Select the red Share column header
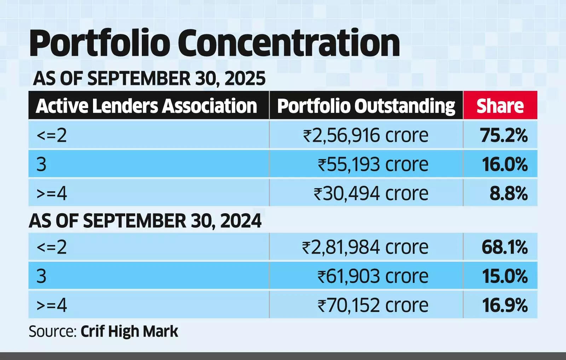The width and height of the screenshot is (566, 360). point(500,106)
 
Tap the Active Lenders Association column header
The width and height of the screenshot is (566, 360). point(146,106)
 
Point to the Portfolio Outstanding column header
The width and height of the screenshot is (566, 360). point(366,106)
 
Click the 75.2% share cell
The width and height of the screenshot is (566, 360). point(504,135)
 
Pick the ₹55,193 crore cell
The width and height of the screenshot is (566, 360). point(373,164)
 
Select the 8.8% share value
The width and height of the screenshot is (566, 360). point(508,193)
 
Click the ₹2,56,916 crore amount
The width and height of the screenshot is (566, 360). point(365,135)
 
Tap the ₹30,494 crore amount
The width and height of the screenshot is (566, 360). point(371,193)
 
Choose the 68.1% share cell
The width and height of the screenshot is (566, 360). point(504,247)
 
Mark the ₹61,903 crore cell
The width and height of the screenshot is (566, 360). point(373,276)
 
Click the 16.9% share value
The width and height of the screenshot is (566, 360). point(505,305)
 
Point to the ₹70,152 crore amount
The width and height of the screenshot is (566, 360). point(373,305)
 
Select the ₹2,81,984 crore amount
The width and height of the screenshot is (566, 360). point(365,247)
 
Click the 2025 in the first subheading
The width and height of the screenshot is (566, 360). point(245,78)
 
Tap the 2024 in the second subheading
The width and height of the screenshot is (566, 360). point(241,221)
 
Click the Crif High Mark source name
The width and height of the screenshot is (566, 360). point(129,331)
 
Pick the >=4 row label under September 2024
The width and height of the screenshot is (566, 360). point(52,305)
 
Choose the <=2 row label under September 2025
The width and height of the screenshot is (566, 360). point(52,135)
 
